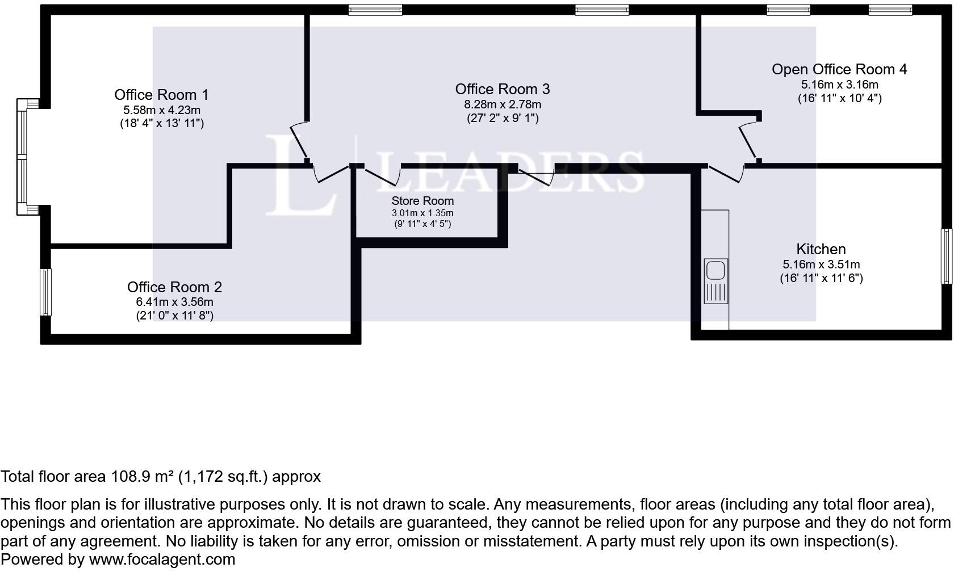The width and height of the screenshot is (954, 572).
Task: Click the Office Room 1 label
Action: (161, 95)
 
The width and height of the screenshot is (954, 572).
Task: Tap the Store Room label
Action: (422, 201)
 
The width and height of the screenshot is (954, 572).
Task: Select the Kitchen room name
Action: (821, 249)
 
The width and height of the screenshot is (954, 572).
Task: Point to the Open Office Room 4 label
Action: (839, 69)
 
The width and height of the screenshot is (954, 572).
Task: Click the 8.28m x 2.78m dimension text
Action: (503, 104)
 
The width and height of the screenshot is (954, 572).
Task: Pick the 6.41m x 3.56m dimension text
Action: (174, 302)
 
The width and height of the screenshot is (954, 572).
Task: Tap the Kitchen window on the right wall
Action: (946, 256)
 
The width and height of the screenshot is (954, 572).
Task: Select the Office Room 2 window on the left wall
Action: (45, 292)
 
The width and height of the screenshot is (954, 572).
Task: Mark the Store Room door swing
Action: (382, 176)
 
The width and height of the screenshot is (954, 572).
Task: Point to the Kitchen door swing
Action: (725, 174)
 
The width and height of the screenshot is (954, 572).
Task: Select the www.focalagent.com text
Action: (162, 560)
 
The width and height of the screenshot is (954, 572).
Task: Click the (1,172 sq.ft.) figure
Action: (223, 477)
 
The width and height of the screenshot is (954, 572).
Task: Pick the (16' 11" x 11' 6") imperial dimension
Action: (821, 278)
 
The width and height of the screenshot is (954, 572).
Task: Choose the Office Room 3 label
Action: (502, 89)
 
